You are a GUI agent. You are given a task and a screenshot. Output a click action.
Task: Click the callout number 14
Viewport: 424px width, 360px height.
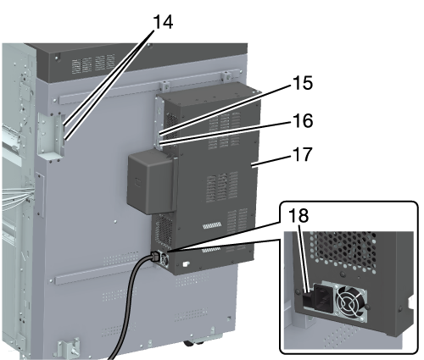click(163, 22)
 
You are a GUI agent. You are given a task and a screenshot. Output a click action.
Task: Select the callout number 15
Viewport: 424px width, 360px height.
click(303, 83)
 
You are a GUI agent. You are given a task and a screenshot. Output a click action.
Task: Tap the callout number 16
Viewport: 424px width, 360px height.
click(303, 120)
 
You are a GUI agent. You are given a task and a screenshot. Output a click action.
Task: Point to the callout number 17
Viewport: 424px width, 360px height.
click(303, 154)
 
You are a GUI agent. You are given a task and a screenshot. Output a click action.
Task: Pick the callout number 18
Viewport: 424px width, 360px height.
click(298, 216)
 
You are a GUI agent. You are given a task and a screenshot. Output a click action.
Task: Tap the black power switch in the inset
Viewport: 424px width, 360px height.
click(309, 299)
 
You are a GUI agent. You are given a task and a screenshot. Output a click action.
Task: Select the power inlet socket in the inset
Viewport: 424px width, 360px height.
click(323, 297)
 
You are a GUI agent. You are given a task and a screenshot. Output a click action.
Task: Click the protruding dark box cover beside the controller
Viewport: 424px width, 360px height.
click(152, 181)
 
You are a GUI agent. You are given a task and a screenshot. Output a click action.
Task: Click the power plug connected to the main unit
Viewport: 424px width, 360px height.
click(157, 257)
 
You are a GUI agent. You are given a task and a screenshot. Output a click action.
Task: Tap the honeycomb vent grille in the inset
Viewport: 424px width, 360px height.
click(343, 252)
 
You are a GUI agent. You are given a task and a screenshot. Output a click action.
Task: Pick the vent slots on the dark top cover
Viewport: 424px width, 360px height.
click(93, 64)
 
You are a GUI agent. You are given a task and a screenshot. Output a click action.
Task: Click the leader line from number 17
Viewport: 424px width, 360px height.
click(272, 161)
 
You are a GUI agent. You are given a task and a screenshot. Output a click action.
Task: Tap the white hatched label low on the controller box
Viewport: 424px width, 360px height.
click(212, 225)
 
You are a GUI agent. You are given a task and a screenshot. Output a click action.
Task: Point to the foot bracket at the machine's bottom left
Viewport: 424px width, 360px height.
click(69, 346)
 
